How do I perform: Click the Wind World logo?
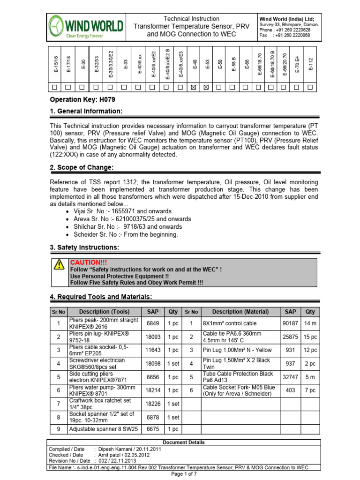coord(86,26)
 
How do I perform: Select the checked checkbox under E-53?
coord(207,87)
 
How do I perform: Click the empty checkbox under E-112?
coord(310,87)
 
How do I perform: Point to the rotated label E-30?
coord(83,64)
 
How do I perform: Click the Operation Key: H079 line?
coord(82,99)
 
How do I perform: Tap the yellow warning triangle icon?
coord(59,265)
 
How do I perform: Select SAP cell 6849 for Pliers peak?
coord(153,323)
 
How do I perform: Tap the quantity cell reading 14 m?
coord(310,323)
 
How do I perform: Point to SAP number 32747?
coord(290,376)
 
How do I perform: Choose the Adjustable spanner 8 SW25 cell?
coord(104,429)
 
